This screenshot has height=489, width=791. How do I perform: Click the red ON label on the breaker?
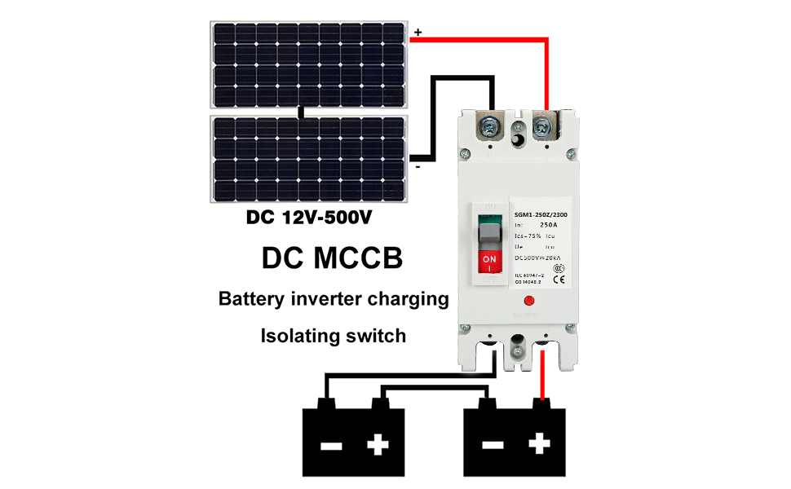[488, 262]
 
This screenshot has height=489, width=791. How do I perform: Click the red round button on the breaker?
[528, 301]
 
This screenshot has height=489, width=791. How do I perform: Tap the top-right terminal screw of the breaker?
[541, 126]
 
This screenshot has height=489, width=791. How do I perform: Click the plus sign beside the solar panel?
[418, 32]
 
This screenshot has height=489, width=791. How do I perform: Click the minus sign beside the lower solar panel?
[418, 167]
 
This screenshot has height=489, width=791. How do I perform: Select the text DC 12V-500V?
[305, 218]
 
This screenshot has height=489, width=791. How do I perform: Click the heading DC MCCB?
[332, 258]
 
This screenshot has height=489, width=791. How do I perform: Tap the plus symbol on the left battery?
[378, 444]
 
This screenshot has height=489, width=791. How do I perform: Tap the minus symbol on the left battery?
[331, 445]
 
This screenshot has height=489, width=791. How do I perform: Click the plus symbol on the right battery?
[539, 444]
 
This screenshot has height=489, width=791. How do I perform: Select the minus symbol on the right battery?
[493, 445]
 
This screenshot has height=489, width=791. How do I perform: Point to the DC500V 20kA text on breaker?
[536, 258]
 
